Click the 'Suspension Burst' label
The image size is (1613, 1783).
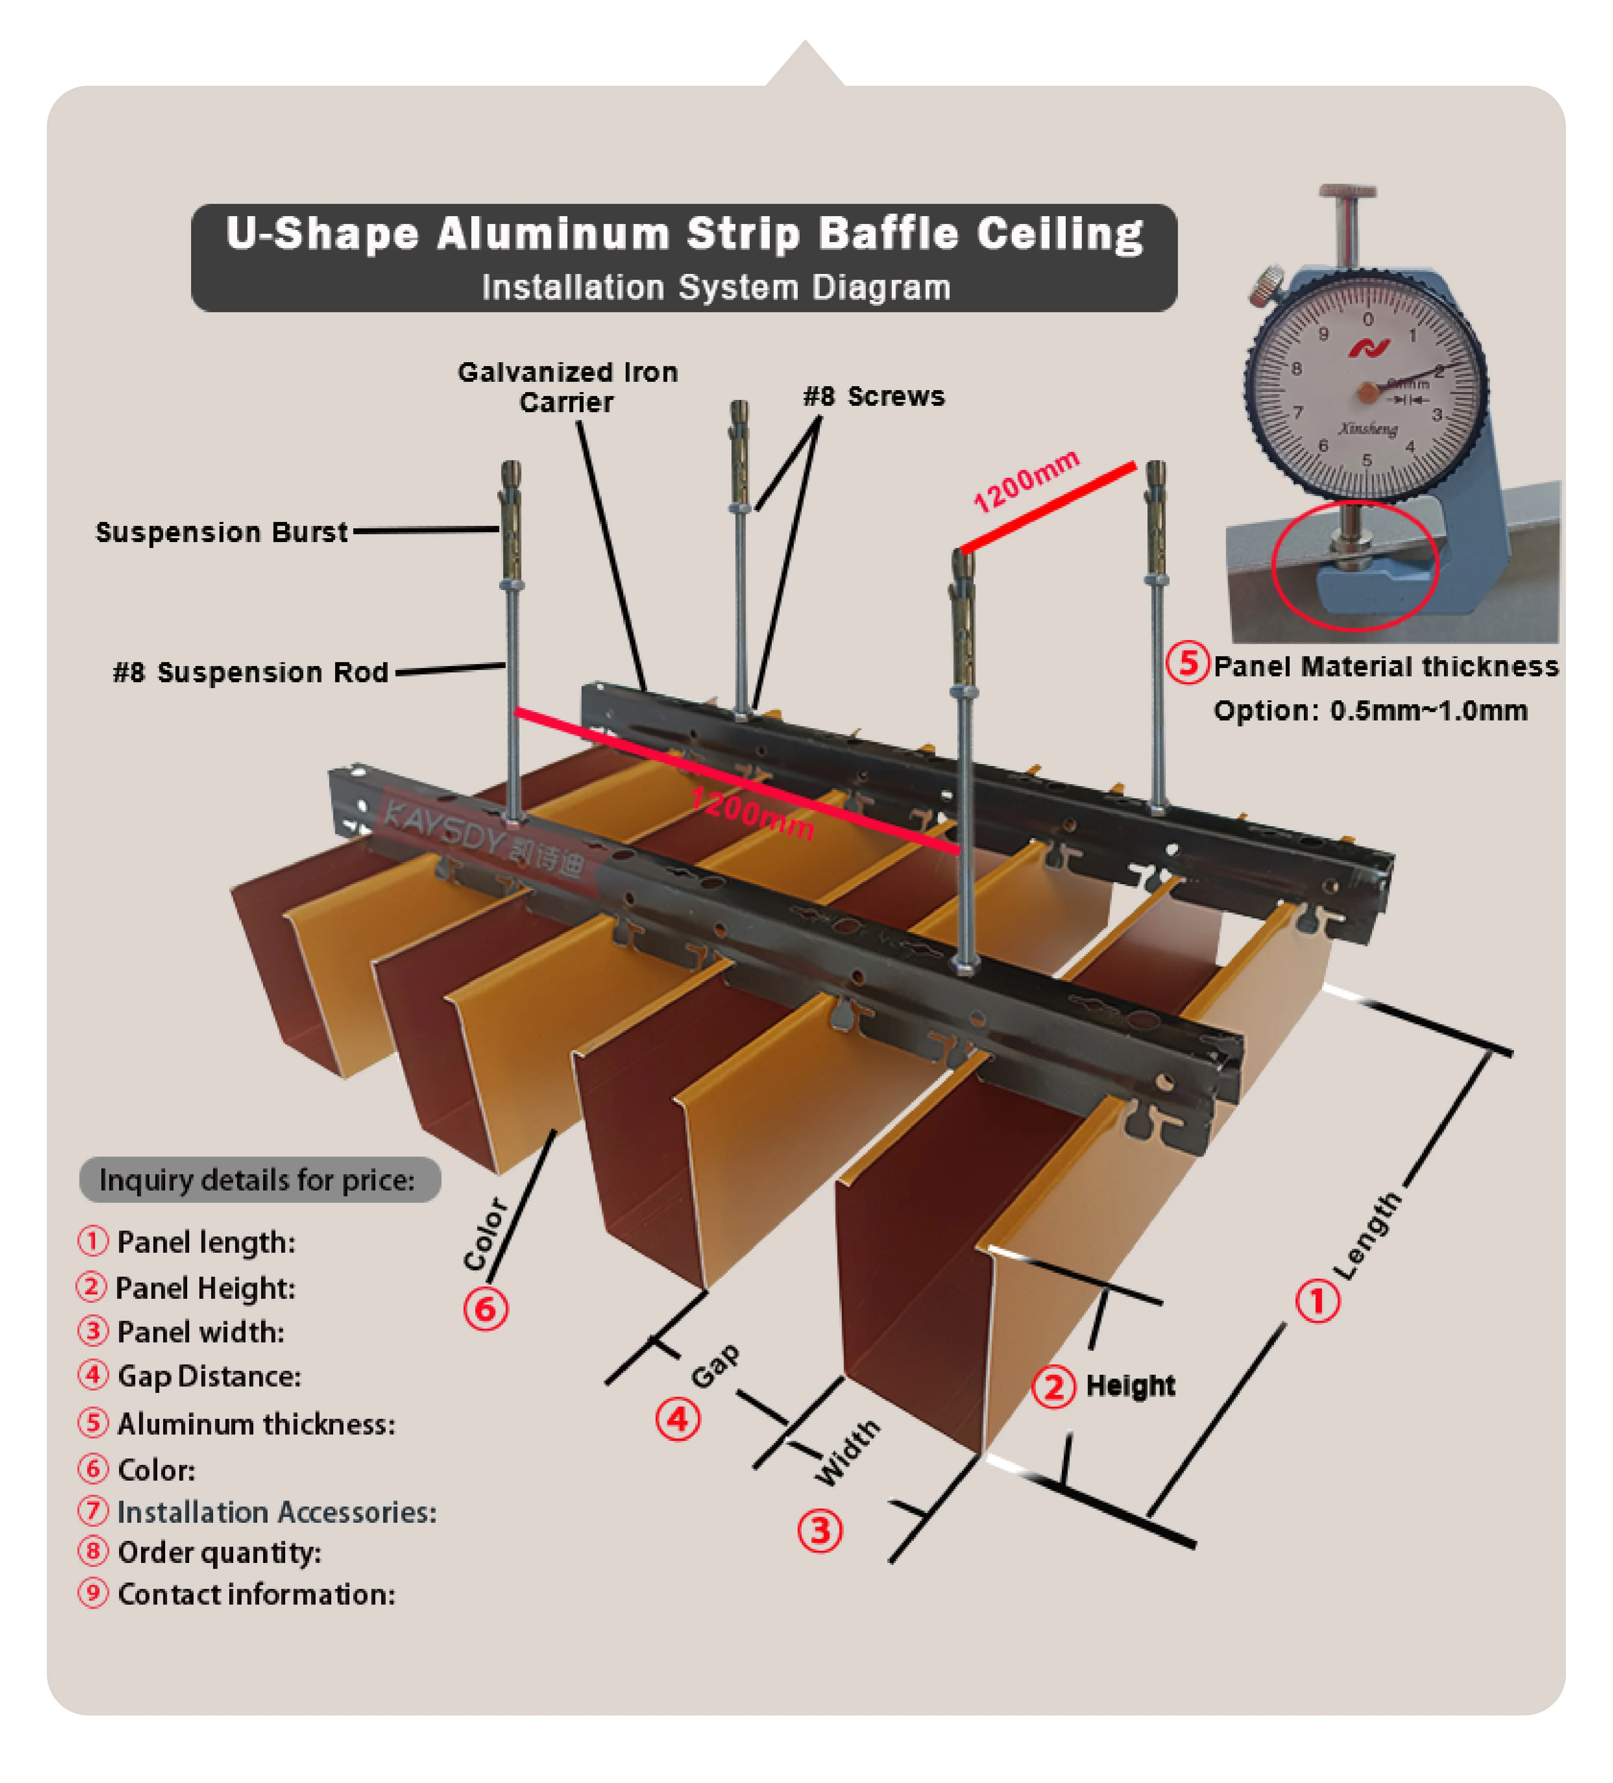tap(221, 532)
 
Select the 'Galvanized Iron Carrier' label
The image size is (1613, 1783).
tap(568, 387)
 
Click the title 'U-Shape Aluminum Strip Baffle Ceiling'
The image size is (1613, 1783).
tap(684, 234)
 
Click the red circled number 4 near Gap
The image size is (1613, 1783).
tap(677, 1419)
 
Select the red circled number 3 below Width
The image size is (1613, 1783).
tap(820, 1531)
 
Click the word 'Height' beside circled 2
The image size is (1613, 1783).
tap(1130, 1386)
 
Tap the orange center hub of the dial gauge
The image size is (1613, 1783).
tap(1367, 392)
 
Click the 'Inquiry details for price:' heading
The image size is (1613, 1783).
tap(257, 1180)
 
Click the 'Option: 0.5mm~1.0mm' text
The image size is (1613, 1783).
tap(1370, 711)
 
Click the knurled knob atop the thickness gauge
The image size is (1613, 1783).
tap(1347, 193)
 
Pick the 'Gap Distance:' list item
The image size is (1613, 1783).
tap(209, 1376)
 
